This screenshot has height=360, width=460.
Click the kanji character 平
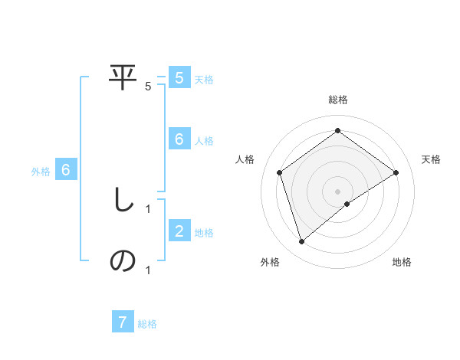click(123, 77)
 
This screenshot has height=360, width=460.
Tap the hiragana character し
click(123, 201)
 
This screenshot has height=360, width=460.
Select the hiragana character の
click(123, 261)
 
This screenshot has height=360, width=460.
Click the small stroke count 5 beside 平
click(148, 87)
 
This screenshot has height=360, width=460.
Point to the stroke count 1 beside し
click(148, 208)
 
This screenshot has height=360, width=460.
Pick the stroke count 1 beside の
click(148, 270)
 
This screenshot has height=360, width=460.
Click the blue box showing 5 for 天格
click(179, 78)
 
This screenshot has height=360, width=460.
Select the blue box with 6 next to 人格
click(179, 139)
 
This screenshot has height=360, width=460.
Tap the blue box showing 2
click(179, 231)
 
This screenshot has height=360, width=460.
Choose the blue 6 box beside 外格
click(66, 170)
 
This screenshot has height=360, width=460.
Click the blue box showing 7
click(123, 322)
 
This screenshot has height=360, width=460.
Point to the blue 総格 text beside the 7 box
click(147, 324)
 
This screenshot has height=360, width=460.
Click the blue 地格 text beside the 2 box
click(204, 233)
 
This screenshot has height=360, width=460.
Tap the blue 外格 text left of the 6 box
click(41, 172)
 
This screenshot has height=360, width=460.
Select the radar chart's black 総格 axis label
click(338, 100)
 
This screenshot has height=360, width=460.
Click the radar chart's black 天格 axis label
click(431, 159)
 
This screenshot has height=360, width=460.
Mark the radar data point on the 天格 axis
click(396, 172)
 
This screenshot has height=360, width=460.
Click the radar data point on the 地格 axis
click(347, 204)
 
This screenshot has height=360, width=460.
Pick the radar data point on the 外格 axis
click(302, 242)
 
